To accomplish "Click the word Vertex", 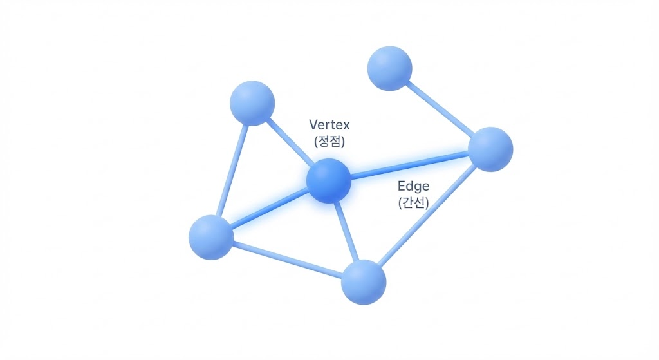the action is [329, 124].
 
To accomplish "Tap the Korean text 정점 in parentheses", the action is [329, 142].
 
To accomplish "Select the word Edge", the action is [413, 187].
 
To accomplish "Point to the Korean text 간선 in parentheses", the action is [413, 204].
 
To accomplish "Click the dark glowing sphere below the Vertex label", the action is [329, 181].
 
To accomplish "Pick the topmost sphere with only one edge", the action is [389, 68].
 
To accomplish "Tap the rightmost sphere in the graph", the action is [490, 149].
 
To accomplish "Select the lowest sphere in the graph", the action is [364, 282].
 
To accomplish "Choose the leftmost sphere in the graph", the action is [211, 237].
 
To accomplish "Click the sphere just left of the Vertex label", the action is [252, 103].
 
